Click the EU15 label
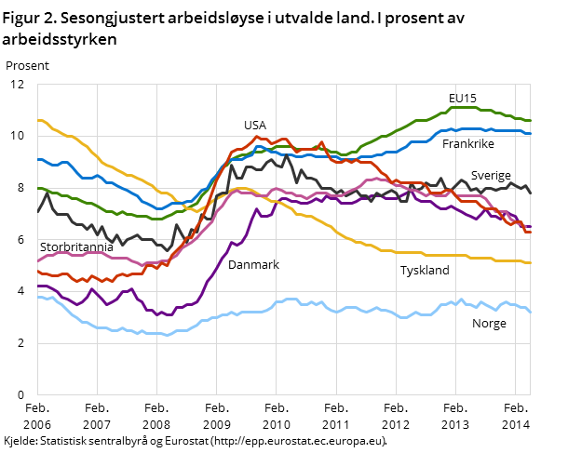click(463, 98)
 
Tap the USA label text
click(255, 125)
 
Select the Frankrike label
click(468, 144)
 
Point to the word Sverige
click(491, 175)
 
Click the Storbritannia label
click(76, 246)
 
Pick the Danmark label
click(253, 265)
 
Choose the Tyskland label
click(425, 271)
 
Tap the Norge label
click(489, 324)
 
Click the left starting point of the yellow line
click(38, 120)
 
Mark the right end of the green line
click(530, 120)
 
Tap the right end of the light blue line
click(530, 313)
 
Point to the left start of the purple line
click(38, 286)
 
